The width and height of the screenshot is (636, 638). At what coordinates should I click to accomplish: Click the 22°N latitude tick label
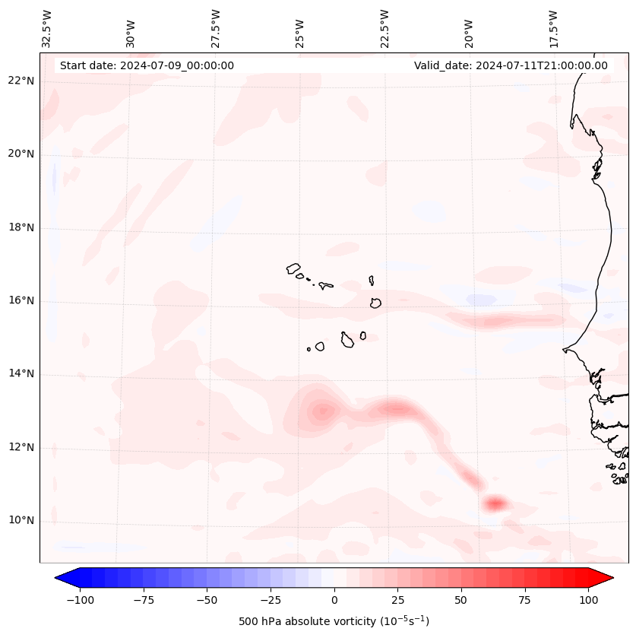tap(21, 81)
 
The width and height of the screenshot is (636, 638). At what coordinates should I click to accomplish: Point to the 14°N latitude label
tap(21, 373)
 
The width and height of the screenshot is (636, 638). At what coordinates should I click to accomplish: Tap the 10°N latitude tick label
tap(21, 520)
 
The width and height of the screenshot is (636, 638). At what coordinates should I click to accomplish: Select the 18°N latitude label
tap(21, 227)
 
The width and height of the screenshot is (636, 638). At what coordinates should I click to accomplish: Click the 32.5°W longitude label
tap(47, 28)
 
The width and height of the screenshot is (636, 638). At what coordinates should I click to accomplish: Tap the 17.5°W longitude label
tap(553, 28)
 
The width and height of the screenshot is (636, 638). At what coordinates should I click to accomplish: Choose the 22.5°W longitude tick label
tap(384, 28)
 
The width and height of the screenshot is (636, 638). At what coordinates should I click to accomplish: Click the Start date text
tap(147, 65)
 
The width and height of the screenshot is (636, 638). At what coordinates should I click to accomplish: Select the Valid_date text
tap(511, 65)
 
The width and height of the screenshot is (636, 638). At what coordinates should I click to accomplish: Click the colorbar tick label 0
tap(334, 600)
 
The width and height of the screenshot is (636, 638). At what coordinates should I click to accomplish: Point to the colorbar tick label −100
tap(78, 600)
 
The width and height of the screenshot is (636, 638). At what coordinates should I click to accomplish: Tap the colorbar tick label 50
tap(460, 600)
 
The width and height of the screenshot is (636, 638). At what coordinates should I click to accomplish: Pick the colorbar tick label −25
tap(270, 600)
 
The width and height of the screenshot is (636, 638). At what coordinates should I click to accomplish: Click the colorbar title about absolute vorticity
tap(334, 621)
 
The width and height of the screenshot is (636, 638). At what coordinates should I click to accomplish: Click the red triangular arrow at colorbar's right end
tap(601, 578)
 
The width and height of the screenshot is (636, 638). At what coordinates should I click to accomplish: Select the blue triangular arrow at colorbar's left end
tap(67, 578)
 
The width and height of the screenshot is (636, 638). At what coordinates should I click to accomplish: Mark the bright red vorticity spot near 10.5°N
tap(495, 503)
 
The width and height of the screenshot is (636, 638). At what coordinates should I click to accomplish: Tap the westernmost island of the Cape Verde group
tap(293, 268)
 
